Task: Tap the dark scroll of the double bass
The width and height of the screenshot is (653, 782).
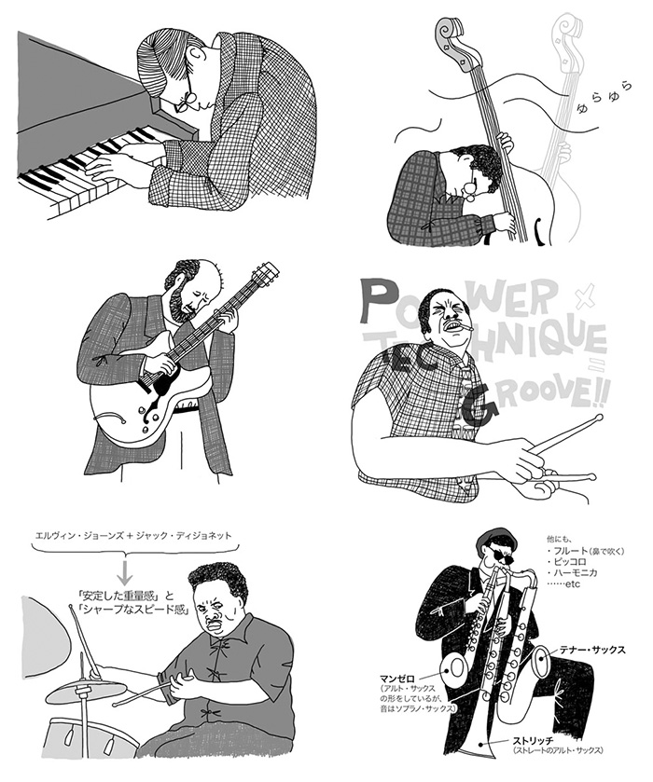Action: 452,40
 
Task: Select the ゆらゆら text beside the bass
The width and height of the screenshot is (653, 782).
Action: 604,95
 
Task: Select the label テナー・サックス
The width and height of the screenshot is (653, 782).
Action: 592,650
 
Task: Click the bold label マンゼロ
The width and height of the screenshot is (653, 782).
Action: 396,679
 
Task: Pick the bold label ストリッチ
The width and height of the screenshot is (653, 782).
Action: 532,740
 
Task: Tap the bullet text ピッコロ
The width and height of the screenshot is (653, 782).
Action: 570,562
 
